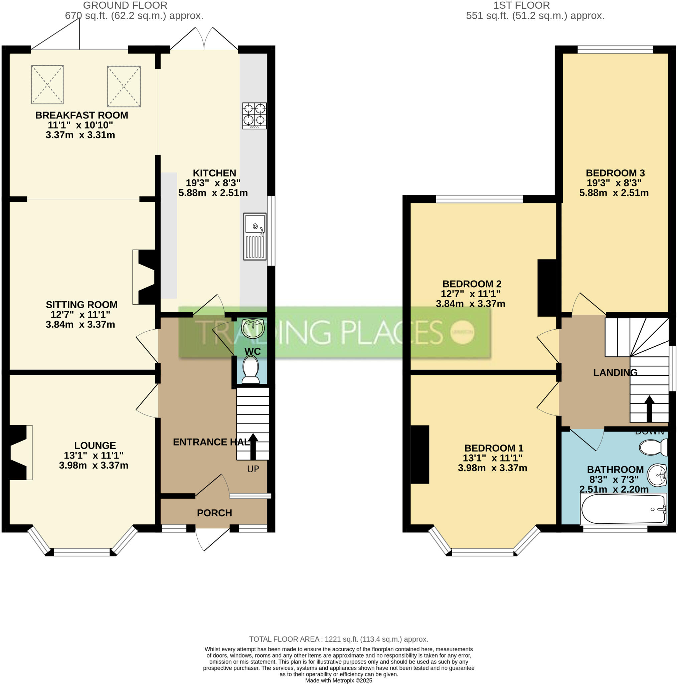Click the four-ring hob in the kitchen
tap(254, 116)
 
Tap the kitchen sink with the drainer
tap(255, 236)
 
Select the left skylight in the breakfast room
tap(47, 84)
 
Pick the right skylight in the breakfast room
tap(124, 86)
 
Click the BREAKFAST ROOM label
tap(81, 115)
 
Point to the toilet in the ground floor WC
tap(251, 370)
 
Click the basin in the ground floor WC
tap(253, 328)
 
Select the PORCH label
tap(214, 513)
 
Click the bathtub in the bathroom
tap(623, 509)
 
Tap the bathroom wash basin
tap(657, 475)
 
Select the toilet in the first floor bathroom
tap(654, 447)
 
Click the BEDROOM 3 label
tap(615, 173)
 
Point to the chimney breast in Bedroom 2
tap(547, 288)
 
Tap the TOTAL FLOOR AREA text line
tap(339, 639)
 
